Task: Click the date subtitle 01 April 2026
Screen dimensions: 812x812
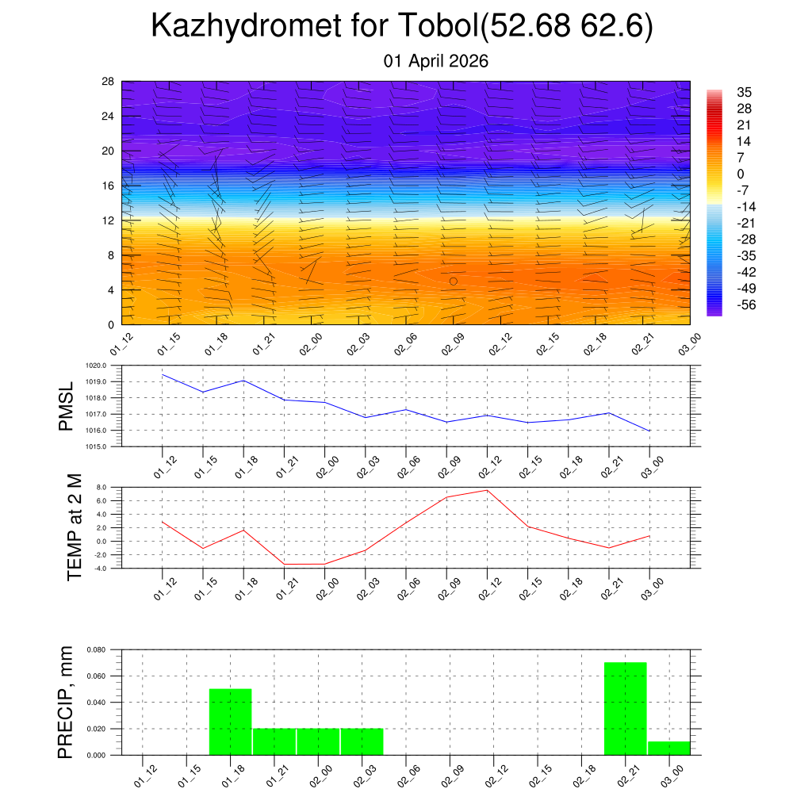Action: click(x=435, y=61)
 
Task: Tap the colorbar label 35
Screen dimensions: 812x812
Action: click(x=744, y=92)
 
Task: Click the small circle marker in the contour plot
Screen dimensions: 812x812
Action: click(x=454, y=282)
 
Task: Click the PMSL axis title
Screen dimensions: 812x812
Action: click(x=66, y=406)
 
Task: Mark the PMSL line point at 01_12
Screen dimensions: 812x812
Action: click(x=163, y=374)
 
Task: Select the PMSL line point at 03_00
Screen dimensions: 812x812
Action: click(x=650, y=431)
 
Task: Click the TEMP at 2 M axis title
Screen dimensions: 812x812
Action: click(x=75, y=527)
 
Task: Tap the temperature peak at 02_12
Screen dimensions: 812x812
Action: click(x=488, y=490)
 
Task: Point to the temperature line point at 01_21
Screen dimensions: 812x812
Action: click(x=285, y=564)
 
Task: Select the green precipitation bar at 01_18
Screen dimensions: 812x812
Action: click(x=230, y=722)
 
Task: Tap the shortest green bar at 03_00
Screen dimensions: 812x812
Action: click(x=668, y=748)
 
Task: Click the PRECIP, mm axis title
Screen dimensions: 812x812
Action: click(x=66, y=702)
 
